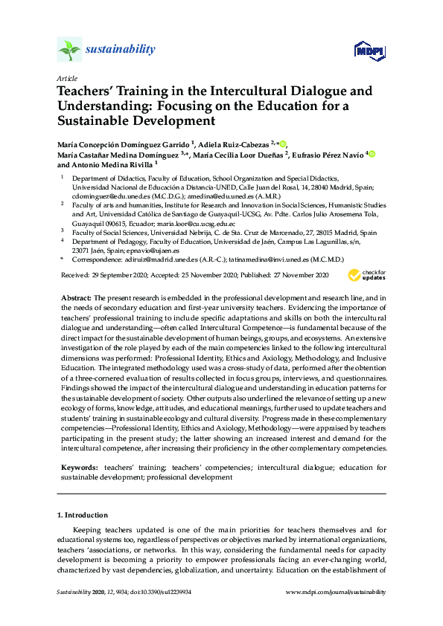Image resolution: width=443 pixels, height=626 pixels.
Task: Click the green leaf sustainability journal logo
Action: (x=68, y=50)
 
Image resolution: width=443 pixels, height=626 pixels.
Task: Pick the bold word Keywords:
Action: (x=80, y=467)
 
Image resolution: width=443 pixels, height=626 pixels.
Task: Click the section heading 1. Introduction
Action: (x=83, y=514)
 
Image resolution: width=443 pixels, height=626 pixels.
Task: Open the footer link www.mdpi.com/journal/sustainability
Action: (x=337, y=591)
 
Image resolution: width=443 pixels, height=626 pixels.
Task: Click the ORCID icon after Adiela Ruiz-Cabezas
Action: (x=282, y=143)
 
